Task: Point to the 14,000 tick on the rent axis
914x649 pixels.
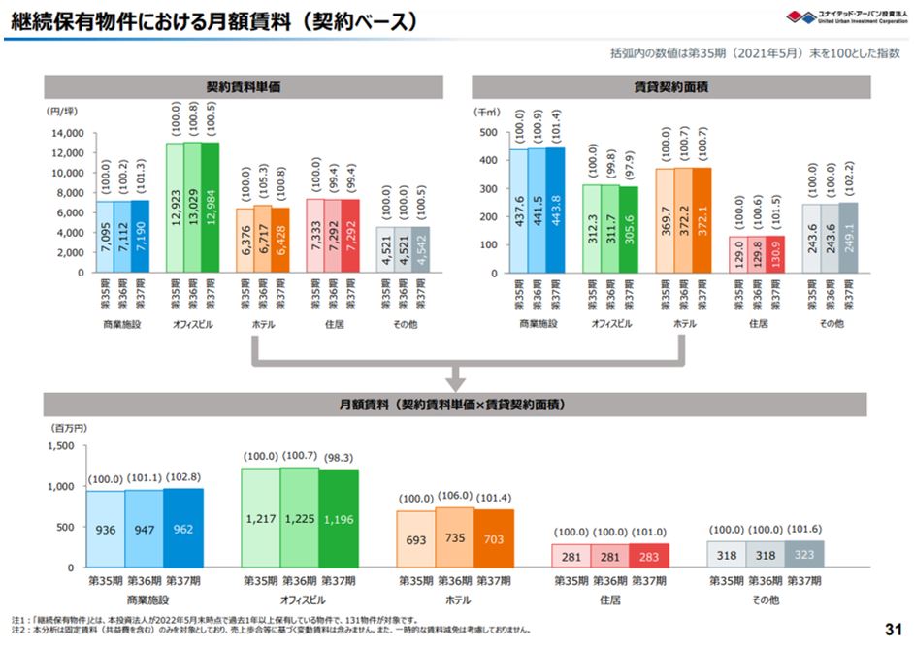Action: pyautogui.click(x=67, y=133)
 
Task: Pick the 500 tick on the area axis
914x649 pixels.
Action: pyautogui.click(x=487, y=133)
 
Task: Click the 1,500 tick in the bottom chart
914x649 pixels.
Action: pyautogui.click(x=58, y=446)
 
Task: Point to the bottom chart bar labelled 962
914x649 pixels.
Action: pyautogui.click(x=183, y=530)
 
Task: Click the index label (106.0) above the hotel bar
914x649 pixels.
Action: pyautogui.click(x=456, y=498)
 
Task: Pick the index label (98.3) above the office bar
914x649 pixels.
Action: pyautogui.click(x=338, y=456)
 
